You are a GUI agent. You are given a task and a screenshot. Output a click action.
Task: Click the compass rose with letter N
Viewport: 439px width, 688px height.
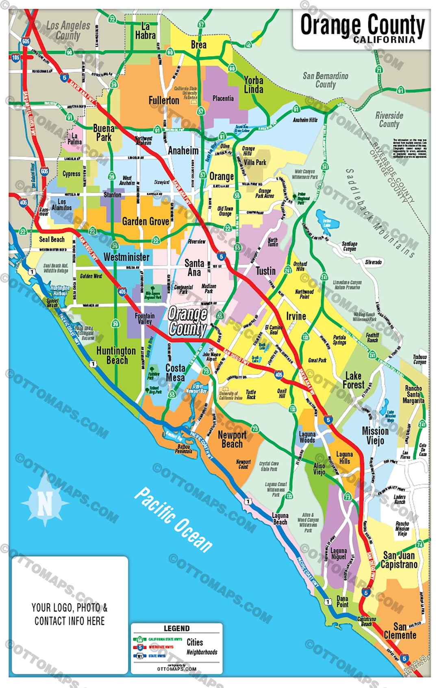coord(45,503)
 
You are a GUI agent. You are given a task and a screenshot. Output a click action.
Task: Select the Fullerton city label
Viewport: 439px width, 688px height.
coord(164,100)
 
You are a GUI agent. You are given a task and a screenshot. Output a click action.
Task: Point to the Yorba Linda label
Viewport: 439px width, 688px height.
coord(253,85)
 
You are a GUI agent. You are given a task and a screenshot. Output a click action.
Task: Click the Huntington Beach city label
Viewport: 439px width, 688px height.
coord(116,355)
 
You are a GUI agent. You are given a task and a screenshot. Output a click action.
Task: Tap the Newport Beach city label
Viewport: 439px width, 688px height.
coord(232,439)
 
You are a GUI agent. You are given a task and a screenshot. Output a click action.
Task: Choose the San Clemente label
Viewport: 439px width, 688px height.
coord(400,631)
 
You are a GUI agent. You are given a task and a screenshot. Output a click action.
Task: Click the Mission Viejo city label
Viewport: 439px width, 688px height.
coord(375,435)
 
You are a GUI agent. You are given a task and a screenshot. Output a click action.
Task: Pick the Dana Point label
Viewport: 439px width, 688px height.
coord(342,602)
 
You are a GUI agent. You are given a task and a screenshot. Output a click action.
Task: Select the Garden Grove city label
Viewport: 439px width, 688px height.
coord(146,222)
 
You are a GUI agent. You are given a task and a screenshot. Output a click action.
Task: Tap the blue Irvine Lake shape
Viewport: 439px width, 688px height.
coord(326,220)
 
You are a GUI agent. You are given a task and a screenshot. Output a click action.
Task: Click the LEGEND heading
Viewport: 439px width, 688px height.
coord(176,628)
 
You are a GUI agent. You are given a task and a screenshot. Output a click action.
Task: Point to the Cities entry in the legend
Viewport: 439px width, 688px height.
coord(195,642)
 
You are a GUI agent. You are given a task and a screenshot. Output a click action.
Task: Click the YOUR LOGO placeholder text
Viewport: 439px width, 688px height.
coord(70,614)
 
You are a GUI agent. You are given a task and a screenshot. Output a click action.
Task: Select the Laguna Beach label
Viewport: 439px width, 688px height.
coord(280,519)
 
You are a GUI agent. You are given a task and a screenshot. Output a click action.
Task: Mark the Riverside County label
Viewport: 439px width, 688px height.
coord(389,120)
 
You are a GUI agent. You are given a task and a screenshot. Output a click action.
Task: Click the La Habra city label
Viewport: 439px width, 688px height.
coord(145,31)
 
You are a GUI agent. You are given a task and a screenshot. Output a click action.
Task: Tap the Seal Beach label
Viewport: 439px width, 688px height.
coord(52,240)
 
